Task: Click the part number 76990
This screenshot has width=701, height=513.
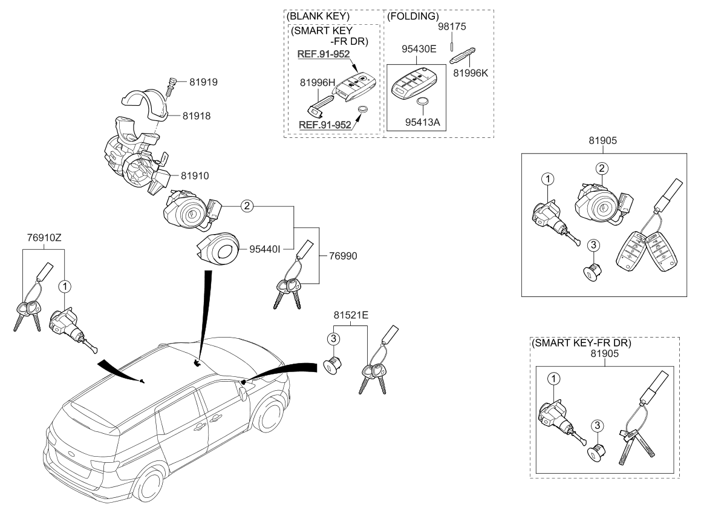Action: point(343,256)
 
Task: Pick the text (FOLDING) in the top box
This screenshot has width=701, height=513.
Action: point(412,16)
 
